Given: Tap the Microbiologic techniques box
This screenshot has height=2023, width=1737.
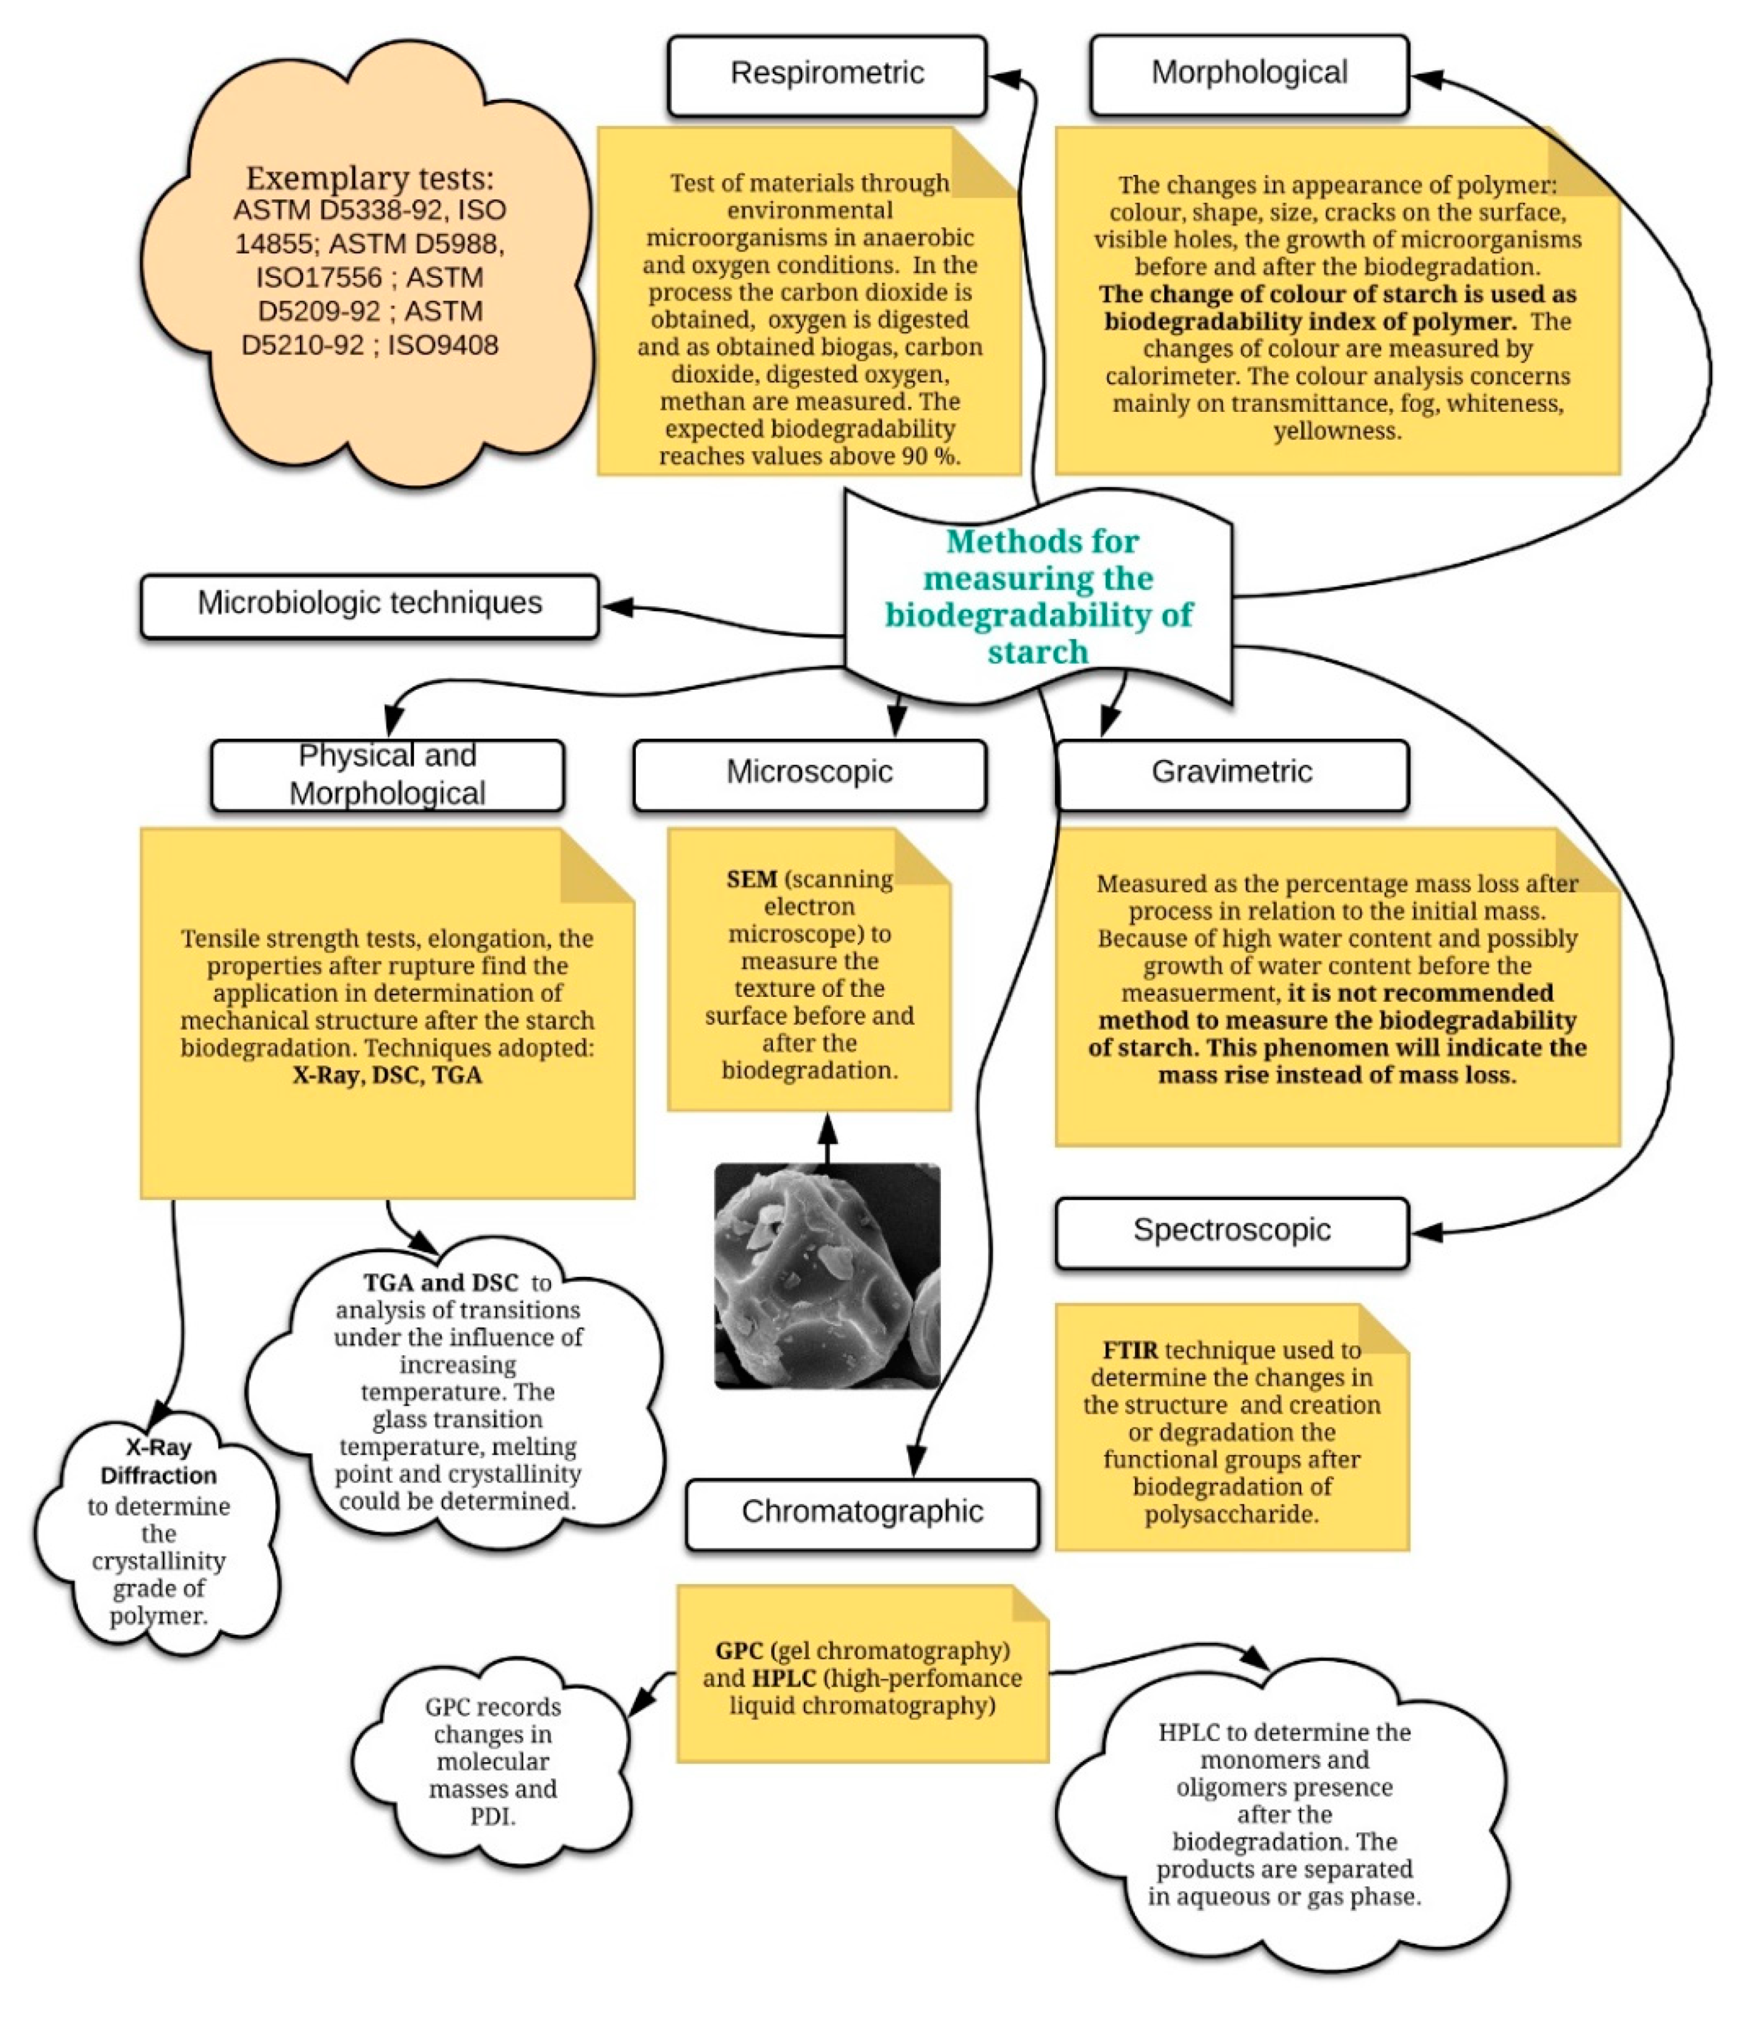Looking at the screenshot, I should point(369,604).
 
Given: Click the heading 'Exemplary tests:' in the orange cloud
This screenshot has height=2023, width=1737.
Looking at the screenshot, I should point(369,179).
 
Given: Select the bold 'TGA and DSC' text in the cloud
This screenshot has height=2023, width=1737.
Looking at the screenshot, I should point(441,1283).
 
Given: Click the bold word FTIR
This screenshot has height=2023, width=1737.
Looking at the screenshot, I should point(1130,1352).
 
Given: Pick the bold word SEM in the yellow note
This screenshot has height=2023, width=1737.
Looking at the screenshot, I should point(751,880).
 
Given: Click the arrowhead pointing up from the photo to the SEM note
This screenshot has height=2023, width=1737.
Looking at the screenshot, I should point(827,1130).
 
